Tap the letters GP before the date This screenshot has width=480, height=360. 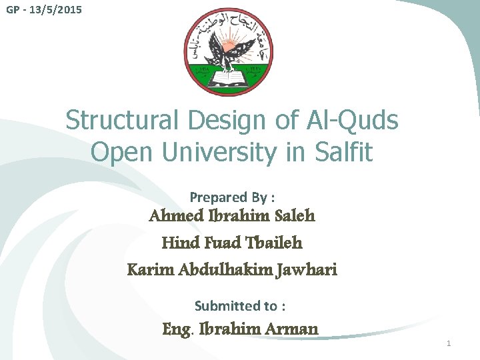point(13,11)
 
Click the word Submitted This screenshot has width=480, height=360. point(227,306)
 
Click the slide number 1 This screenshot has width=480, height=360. point(449,343)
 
